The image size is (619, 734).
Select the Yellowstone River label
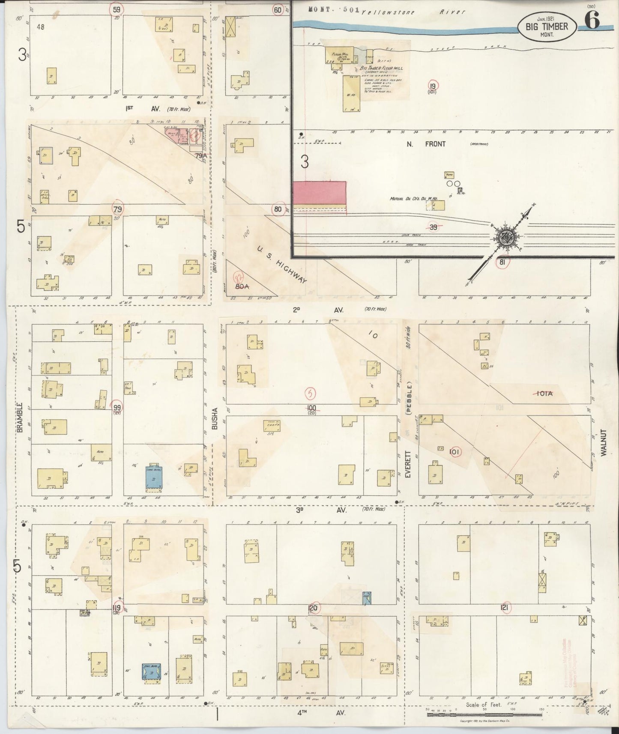[413, 12]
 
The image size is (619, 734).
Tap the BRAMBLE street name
[20, 417]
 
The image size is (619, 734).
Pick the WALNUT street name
[604, 443]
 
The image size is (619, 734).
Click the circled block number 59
[117, 9]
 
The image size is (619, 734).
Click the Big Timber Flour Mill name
[381, 68]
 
